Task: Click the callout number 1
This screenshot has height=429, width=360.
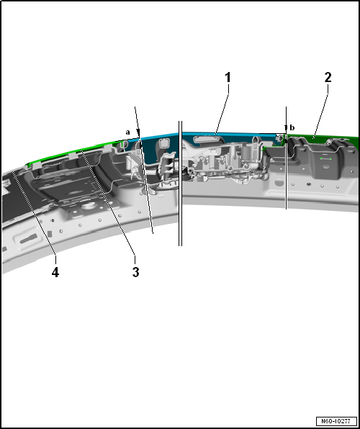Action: pos(228,78)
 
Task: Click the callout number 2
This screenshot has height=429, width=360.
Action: pos(328,78)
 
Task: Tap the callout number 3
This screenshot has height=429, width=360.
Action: pos(135,272)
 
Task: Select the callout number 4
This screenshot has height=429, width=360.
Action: pos(55,272)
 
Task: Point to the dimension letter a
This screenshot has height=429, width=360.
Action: pos(127,132)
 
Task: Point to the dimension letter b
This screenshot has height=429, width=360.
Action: pos(292,127)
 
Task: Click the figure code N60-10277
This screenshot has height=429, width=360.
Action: pos(336,420)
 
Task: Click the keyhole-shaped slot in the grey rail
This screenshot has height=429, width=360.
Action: pos(30,238)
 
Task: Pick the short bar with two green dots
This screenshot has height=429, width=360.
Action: pos(325,158)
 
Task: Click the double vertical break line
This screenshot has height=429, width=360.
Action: pos(180,184)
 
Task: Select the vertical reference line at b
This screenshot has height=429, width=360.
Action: pos(287,158)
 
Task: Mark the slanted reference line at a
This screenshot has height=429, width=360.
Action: pos(144,170)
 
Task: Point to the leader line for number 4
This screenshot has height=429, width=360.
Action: pos(35,213)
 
